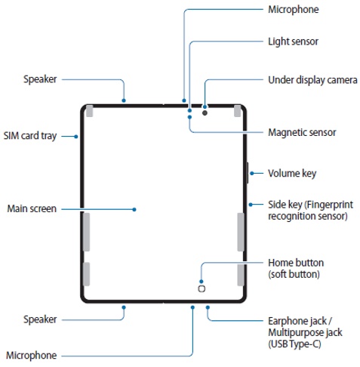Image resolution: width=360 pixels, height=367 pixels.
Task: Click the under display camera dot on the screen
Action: coord(205,113)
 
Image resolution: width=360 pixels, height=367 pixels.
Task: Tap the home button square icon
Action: coord(202,288)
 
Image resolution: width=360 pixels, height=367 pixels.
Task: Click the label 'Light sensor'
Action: coord(293,42)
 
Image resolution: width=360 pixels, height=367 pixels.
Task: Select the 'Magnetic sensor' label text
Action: coord(302,132)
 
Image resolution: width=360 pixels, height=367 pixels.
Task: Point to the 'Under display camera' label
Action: coord(312,80)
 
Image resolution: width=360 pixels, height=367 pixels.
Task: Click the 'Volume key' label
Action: coord(292,174)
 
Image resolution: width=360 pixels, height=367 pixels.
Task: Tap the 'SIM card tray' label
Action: coord(30,136)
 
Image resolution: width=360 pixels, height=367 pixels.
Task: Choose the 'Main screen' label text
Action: coord(32,208)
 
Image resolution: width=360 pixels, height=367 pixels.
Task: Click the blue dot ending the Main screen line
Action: coord(134,209)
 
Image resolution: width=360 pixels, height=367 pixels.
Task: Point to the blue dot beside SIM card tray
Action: coord(76,137)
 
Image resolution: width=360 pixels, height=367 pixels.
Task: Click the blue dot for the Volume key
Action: coord(252,173)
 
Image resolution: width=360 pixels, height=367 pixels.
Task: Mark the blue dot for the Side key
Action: coord(251,205)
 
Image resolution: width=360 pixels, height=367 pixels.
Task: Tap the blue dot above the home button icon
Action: coord(202,282)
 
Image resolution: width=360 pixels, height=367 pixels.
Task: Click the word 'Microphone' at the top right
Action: coord(294,10)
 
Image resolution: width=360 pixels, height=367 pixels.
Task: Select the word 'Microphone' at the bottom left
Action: coord(31,356)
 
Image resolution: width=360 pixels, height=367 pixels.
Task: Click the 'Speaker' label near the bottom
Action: coord(40,319)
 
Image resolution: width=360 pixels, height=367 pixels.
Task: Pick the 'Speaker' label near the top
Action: coord(40,79)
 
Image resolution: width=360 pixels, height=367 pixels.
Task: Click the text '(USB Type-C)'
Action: coord(294,344)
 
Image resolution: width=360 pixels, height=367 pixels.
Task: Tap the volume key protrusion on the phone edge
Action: coord(248,173)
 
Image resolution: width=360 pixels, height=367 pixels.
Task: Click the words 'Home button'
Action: coord(296,263)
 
